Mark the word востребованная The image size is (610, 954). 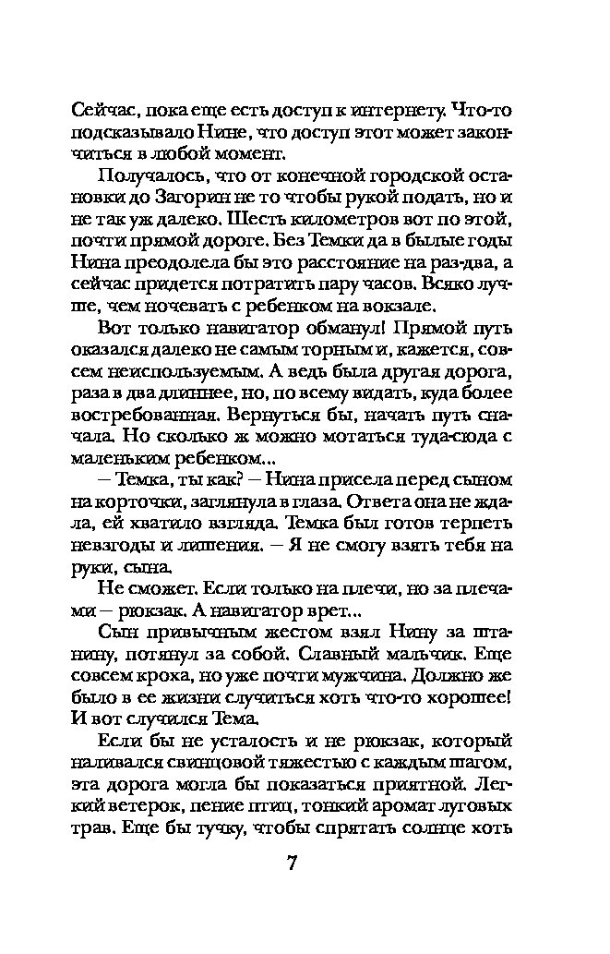pos(141,417)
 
